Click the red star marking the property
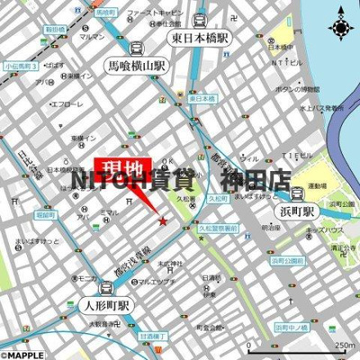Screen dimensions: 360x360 [x=163, y=221]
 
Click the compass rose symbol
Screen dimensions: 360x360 [x=341, y=28]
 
